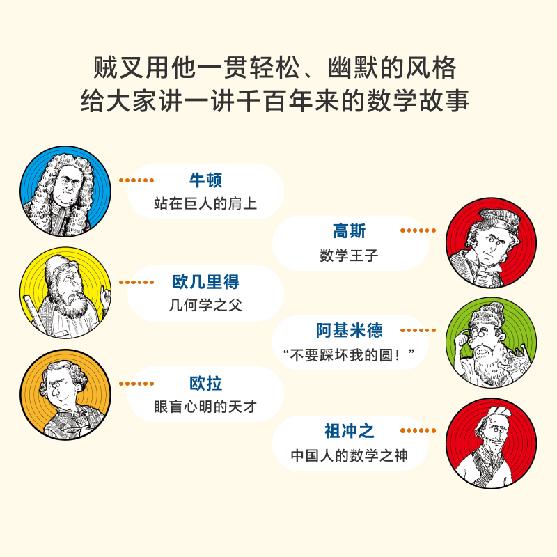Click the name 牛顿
205,180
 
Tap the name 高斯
350,231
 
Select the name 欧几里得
205,282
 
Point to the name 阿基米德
350,330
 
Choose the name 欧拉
205,384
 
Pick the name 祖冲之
350,431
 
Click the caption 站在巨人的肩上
205,203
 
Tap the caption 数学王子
350,256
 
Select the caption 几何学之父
205,305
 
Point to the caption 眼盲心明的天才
205,407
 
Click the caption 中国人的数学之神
350,456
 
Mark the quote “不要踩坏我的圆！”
350,355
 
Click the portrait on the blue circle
65,191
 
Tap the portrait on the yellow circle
65,292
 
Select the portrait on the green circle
492,343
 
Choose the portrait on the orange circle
65,394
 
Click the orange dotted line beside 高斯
418,230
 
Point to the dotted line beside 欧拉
136,384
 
